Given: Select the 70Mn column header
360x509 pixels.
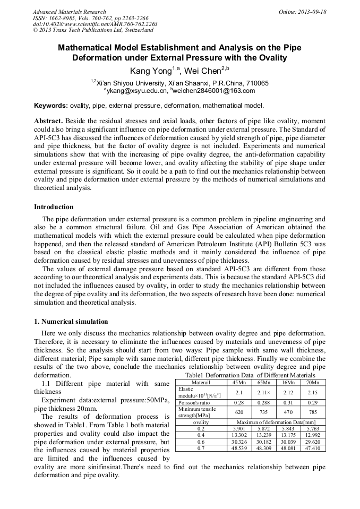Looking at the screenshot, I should click(313, 382).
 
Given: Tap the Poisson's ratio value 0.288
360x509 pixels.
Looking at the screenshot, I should click(264, 403).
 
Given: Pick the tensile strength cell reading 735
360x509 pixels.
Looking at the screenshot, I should click(264, 412).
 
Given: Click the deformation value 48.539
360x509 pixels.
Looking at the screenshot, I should click(239, 448).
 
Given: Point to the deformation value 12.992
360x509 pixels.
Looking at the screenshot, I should click(313, 435).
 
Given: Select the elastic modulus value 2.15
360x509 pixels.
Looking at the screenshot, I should click(313, 392).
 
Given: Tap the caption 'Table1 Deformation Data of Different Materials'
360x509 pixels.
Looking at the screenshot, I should click(250, 375).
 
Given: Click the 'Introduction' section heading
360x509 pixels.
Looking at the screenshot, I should click(54, 207).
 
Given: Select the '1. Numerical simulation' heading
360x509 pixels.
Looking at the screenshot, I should click(71, 322).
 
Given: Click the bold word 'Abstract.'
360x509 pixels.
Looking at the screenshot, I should click(48, 121).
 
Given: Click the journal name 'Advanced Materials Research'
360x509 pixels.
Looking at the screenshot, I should click(69, 12).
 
